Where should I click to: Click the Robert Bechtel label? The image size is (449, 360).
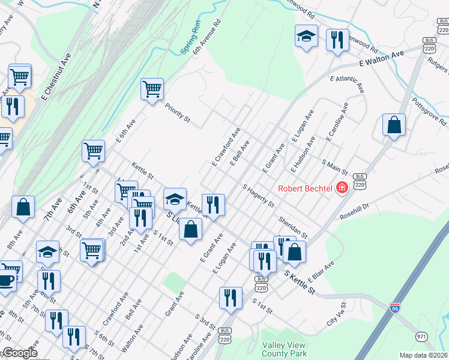pos(305,188)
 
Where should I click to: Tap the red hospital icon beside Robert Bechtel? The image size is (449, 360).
pos(342,188)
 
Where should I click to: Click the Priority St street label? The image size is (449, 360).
pos(177,114)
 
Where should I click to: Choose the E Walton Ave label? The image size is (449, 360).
pos(382,58)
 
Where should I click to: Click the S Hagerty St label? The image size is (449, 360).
pos(258,196)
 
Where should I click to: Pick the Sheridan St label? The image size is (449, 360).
pos(292,226)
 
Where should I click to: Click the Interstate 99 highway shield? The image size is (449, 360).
pos(394,308)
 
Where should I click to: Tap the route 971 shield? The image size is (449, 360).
pos(421,337)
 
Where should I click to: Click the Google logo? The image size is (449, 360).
pos(20,353)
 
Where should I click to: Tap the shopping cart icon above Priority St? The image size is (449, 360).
pos(152,89)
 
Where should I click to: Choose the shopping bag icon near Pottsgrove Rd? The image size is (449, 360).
pos(394,125)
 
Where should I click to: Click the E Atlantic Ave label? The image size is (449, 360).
pos(347,83)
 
